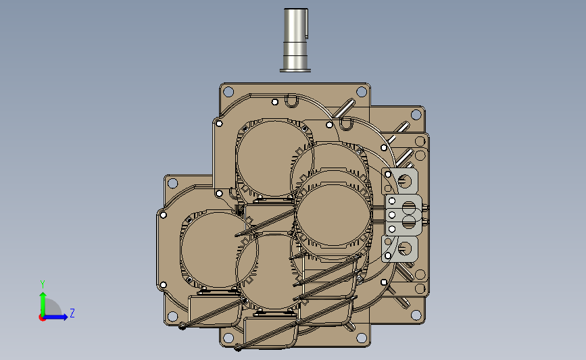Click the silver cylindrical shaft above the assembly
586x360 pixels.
point(295,40)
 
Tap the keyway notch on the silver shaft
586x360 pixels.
point(307,24)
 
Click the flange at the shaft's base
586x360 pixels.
point(295,70)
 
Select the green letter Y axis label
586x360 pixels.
point(43,284)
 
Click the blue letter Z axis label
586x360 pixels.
point(72,313)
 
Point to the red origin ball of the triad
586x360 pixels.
point(42,317)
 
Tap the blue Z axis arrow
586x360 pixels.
point(56,317)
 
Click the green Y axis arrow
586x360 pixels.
point(43,305)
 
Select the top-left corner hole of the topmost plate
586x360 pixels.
point(228,91)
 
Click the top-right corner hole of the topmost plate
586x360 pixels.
point(362,91)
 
